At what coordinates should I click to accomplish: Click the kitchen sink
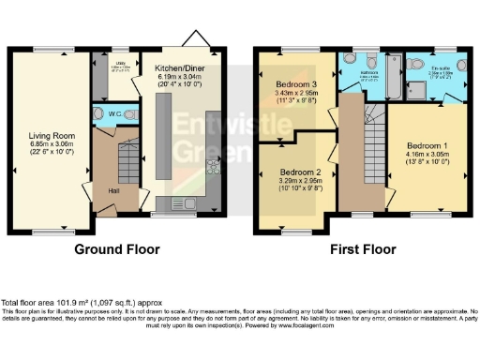tap(184, 203)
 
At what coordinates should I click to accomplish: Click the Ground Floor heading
tap(116, 250)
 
